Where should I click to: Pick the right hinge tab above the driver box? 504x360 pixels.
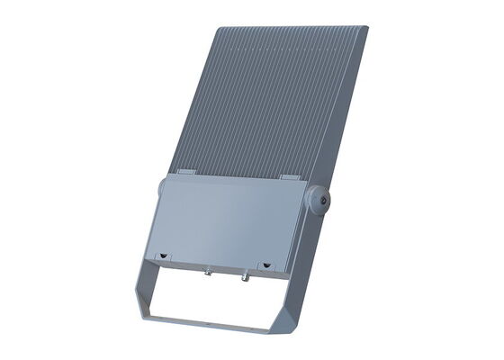pyautogui.click(x=289, y=177)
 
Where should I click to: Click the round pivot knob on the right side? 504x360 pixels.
pyautogui.click(x=319, y=200)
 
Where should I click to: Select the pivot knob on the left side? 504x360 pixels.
pyautogui.click(x=159, y=188)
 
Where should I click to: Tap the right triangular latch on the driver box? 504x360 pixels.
pyautogui.click(x=265, y=265)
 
